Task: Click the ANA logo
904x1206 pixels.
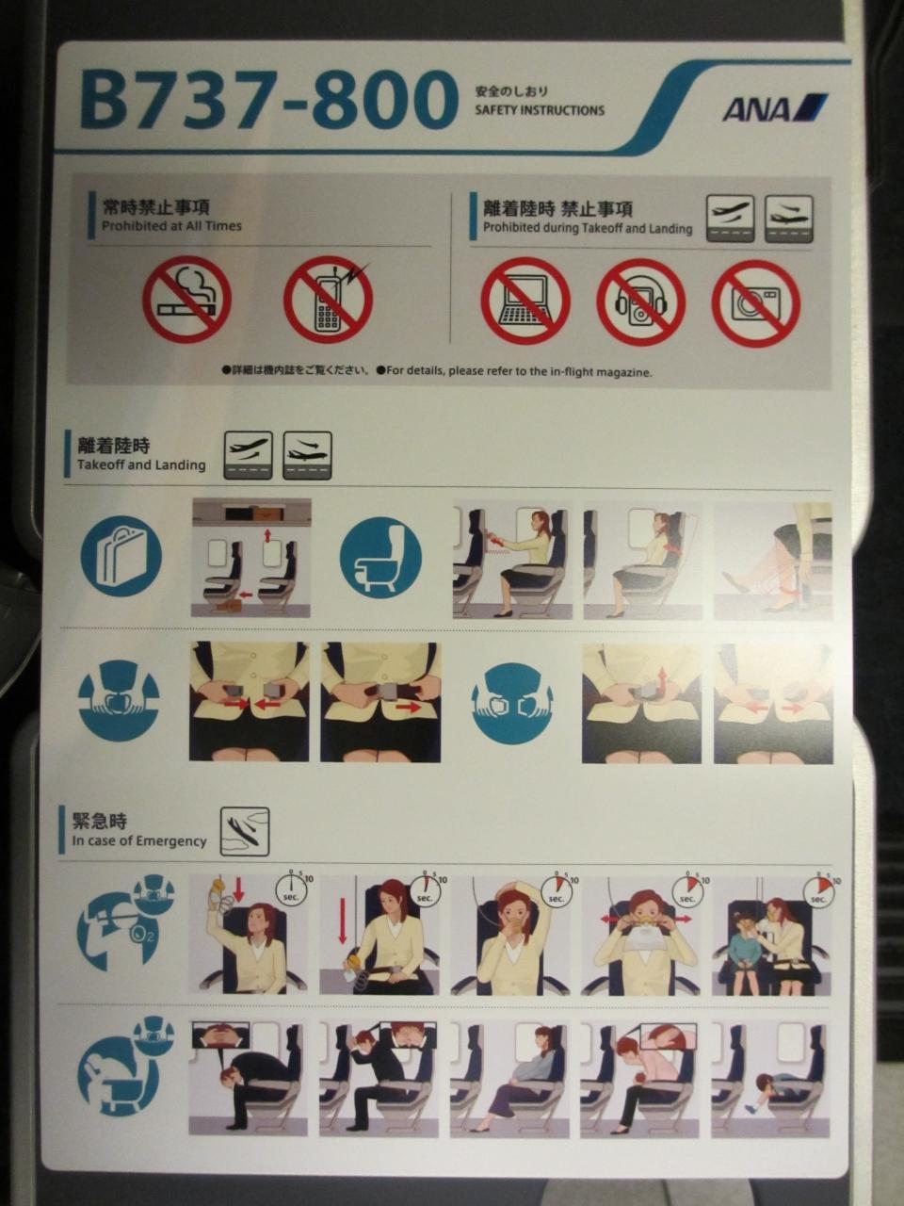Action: click(x=774, y=107)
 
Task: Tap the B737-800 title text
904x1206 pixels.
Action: click(x=268, y=101)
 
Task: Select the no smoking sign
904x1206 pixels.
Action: click(x=186, y=300)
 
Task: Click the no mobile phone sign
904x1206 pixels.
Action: click(x=329, y=300)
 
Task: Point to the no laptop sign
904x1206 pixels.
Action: click(x=525, y=301)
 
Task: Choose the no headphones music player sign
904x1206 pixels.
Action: click(x=641, y=302)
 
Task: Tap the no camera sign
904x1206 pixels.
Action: click(x=756, y=302)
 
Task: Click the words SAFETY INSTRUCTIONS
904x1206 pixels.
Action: click(x=540, y=110)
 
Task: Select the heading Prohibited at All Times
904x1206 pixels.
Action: click(x=171, y=226)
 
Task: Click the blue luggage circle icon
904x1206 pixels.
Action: click(x=121, y=557)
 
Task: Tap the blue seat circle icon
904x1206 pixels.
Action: click(x=381, y=558)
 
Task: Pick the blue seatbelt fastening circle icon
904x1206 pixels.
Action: click(x=119, y=702)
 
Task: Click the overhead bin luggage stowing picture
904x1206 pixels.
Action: click(x=250, y=558)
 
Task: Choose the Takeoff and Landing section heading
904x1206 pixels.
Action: click(x=141, y=464)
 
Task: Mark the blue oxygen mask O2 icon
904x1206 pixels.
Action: click(x=125, y=923)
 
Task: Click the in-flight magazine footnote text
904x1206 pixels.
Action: click(x=438, y=371)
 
